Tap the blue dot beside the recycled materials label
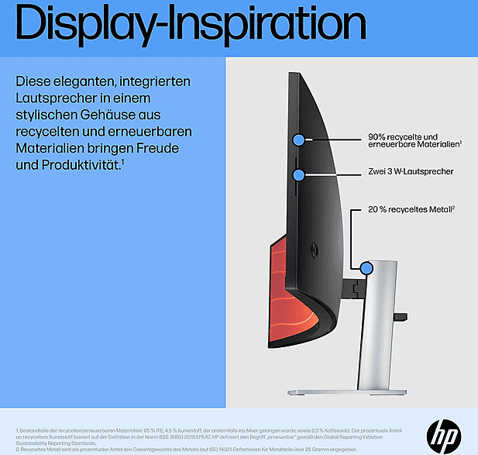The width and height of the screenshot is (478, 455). tap(298, 140)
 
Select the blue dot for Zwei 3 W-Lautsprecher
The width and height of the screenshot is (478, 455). tap(298, 174)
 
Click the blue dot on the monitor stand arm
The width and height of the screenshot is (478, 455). tap(366, 268)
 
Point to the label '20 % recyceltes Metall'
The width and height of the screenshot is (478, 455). tap(411, 209)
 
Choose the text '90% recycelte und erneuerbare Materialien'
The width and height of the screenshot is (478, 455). tap(414, 140)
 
